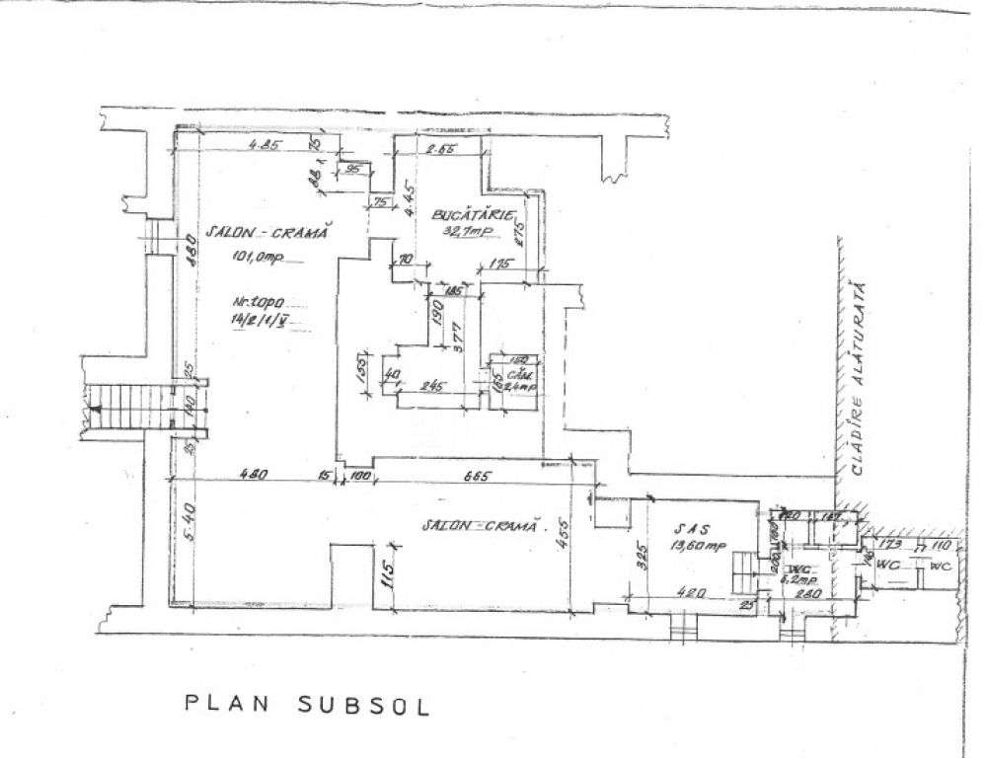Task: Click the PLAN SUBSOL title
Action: click(x=307, y=706)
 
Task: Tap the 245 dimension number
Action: click(x=428, y=387)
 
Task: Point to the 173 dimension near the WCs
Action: click(x=890, y=545)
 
